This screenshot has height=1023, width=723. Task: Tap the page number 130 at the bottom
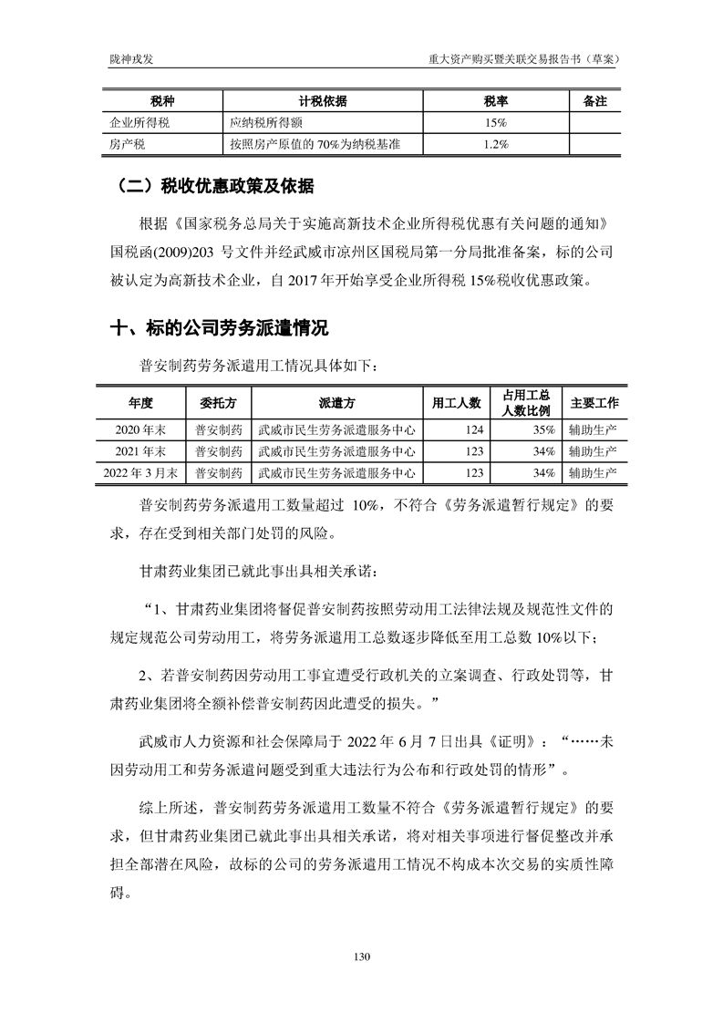pyautogui.click(x=361, y=956)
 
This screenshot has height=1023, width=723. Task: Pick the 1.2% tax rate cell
pyautogui.click(x=495, y=143)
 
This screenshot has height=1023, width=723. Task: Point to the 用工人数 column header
pyautogui.click(x=457, y=402)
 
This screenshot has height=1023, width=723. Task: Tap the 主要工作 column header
pyautogui.click(x=594, y=402)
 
